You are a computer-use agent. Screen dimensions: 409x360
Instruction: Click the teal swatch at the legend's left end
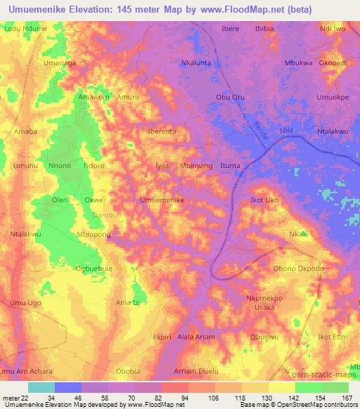click(x=41, y=387)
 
